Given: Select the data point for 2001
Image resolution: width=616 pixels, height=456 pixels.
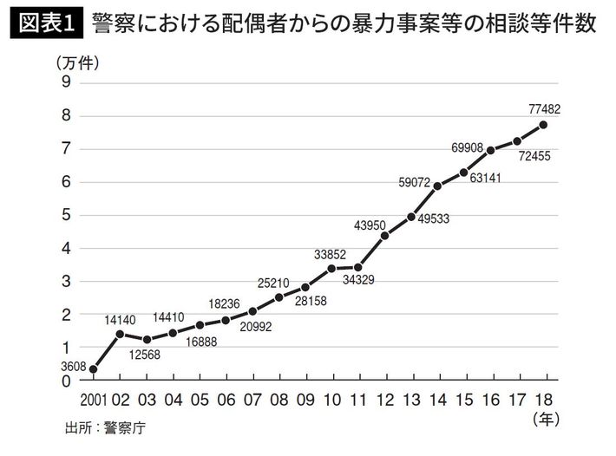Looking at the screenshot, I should coord(93,369).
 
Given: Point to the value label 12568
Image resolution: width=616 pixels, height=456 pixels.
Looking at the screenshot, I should coord(146,354).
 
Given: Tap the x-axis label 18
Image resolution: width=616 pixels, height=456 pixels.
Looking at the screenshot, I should coord(544,400).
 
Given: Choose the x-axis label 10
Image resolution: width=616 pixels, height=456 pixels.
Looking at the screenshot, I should coord(331,400).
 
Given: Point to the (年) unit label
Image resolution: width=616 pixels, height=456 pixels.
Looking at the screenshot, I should coord(543,420).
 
